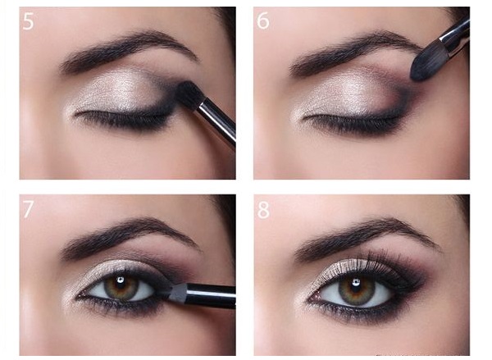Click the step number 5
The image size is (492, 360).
[x=28, y=21]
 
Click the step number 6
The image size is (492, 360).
[x=263, y=21]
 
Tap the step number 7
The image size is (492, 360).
[x=28, y=209]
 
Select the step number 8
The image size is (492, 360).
[x=263, y=209]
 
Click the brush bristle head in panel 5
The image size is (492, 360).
[x=187, y=93]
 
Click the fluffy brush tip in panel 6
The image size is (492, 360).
[x=425, y=63]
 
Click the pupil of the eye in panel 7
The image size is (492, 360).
[x=121, y=285]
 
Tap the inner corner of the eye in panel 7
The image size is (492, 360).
[x=81, y=296]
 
